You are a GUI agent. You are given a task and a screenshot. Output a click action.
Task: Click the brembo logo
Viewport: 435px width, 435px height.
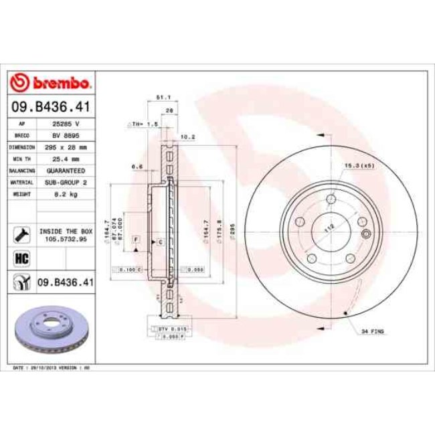51,84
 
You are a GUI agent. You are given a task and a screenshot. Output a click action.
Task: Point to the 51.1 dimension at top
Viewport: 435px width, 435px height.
161,98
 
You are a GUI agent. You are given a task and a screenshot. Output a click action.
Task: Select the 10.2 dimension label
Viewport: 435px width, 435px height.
188,137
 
